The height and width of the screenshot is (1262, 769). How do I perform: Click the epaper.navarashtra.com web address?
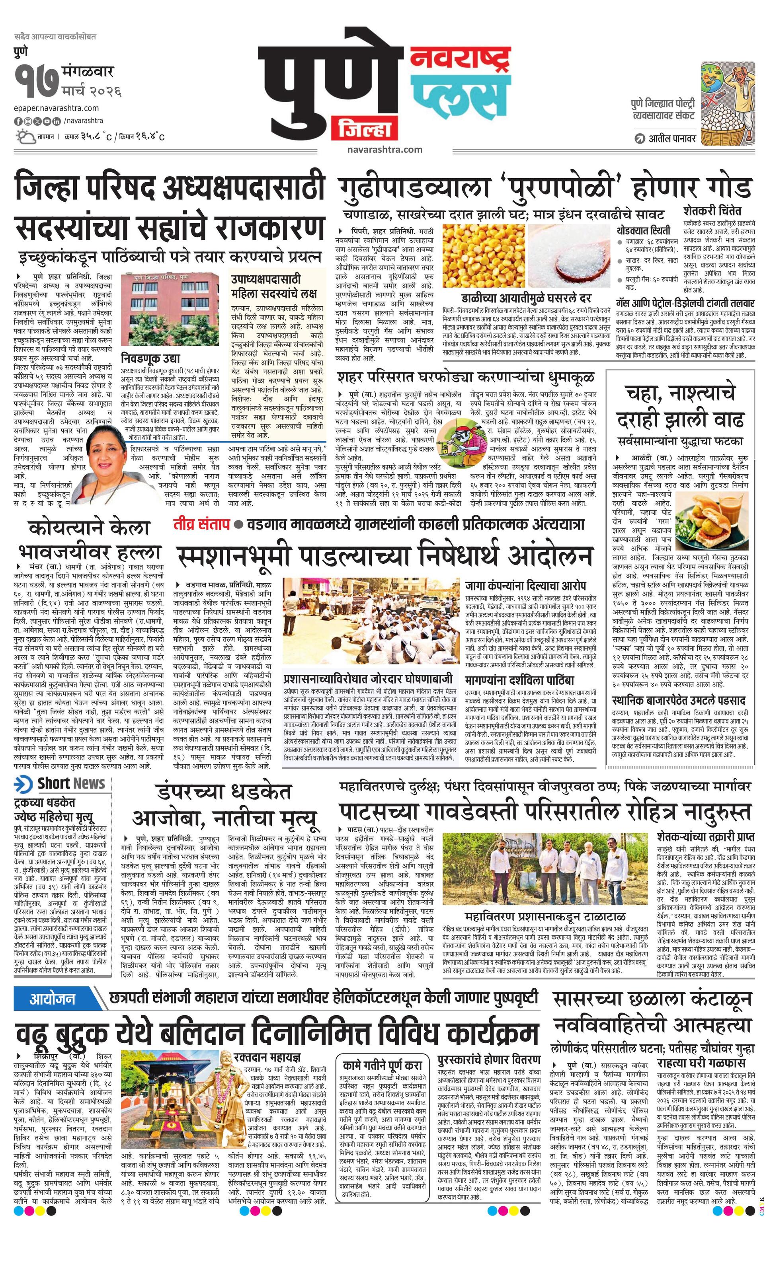click(x=57, y=108)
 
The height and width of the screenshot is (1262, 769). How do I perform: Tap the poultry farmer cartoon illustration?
click(x=728, y=102)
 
